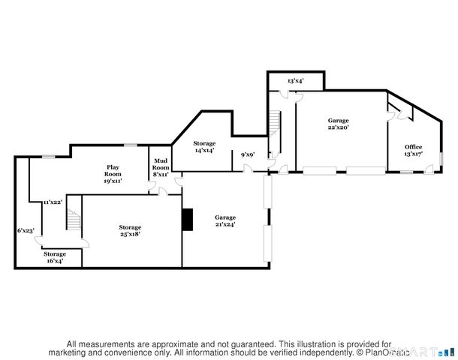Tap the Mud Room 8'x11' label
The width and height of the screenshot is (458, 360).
(x=160, y=167)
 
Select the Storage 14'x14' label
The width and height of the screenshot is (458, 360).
(x=204, y=146)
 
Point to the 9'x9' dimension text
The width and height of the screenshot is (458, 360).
(x=246, y=155)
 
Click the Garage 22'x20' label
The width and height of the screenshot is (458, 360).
(x=338, y=124)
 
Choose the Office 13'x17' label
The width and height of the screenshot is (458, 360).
(x=413, y=150)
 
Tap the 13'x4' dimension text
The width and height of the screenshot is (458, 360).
(x=295, y=80)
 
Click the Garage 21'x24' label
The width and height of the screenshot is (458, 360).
(x=225, y=220)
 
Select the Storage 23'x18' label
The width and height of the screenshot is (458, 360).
(x=130, y=230)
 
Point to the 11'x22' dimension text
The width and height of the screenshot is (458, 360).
(x=52, y=202)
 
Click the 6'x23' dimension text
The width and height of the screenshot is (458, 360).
(x=26, y=230)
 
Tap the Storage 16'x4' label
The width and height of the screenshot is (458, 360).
(x=53, y=258)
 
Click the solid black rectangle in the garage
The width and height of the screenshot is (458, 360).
(x=187, y=218)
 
